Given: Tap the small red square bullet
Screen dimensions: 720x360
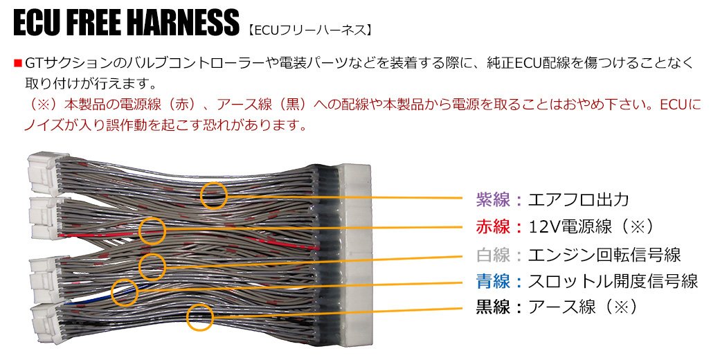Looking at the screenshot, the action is pos(18,62).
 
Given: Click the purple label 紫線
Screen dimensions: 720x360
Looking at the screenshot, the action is pos(493,200).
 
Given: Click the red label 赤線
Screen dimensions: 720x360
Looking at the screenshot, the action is pos(493,226).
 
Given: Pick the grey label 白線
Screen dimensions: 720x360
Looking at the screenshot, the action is pos(493,254).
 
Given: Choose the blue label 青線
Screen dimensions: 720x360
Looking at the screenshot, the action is pos(493,281).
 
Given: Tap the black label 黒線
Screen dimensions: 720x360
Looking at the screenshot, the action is pos(493,307).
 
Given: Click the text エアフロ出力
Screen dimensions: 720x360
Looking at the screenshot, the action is pos(578,200).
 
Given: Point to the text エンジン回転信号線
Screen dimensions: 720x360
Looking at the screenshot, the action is pos(604,254).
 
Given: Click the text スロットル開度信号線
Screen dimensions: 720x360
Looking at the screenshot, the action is pos(613,281).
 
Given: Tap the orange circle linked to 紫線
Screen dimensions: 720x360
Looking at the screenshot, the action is pos(214,182).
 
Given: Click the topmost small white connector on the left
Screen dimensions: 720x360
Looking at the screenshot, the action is pos(46,172).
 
